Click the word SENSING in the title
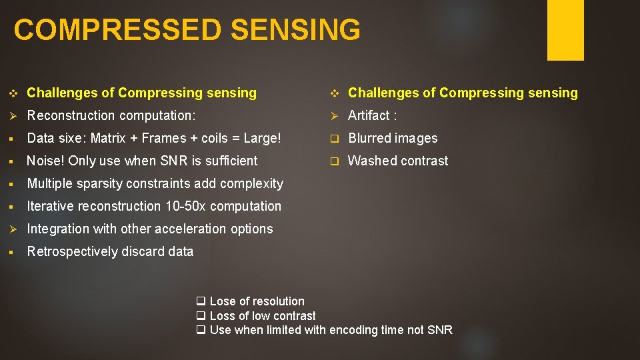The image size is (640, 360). tap(303, 31)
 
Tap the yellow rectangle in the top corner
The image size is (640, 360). tap(565, 29)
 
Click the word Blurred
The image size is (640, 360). tap(370, 138)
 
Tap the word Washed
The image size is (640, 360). tap(371, 161)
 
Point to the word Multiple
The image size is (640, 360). tap(49, 183)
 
